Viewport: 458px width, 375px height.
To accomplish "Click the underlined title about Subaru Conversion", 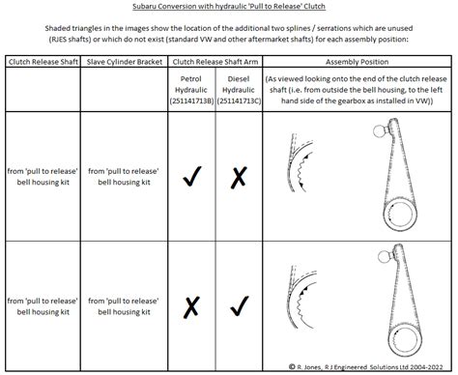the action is pos(229,7).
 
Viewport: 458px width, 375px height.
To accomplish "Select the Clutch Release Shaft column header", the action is pos(43,62).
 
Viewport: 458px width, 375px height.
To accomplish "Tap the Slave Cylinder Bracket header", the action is pos(125,62).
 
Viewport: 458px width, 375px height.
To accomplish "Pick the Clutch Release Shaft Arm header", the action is pos(215,62).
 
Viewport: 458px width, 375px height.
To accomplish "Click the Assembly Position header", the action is pos(357,62).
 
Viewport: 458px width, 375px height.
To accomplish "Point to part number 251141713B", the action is pos(191,101).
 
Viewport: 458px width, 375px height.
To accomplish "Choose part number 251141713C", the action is pos(239,101).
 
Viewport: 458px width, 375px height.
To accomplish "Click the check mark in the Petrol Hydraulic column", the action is pos(192,176).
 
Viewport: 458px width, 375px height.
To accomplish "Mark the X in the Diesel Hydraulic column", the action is pos(239,177).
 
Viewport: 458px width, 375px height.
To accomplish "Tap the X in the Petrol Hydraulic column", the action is pos(191,307).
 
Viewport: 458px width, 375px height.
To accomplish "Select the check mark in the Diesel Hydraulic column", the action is pos(240,306).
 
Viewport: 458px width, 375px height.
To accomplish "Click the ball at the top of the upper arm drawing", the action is pos(381,130).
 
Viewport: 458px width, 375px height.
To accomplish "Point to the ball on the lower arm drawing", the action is pos(384,256).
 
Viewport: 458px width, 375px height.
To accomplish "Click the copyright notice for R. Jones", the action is pos(365,367).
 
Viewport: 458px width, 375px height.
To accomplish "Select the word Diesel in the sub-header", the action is pos(239,79).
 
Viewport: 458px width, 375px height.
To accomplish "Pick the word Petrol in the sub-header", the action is pos(191,79).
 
